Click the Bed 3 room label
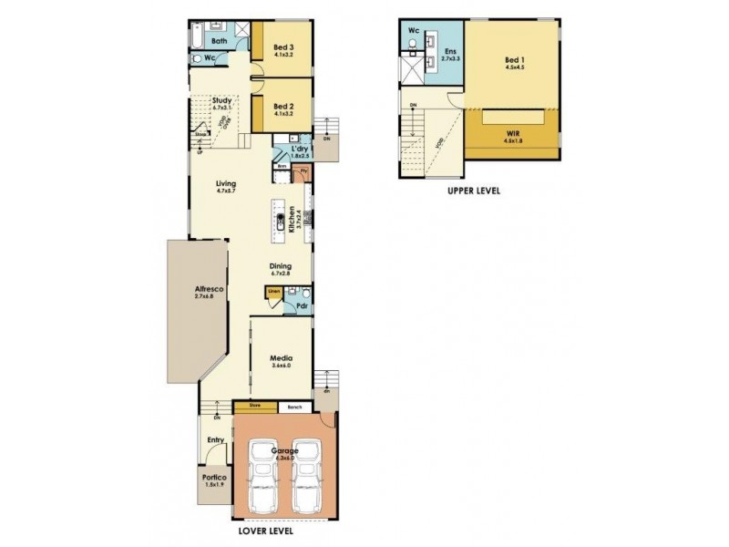coord(282,46)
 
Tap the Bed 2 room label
coord(282,106)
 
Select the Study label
coord(222,101)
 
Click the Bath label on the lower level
coord(220,41)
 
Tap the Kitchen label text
coord(293,220)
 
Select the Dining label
coord(280,267)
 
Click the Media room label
coord(280,359)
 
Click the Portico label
coord(215,477)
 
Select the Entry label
coord(215,440)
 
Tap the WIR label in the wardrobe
coord(515,132)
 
